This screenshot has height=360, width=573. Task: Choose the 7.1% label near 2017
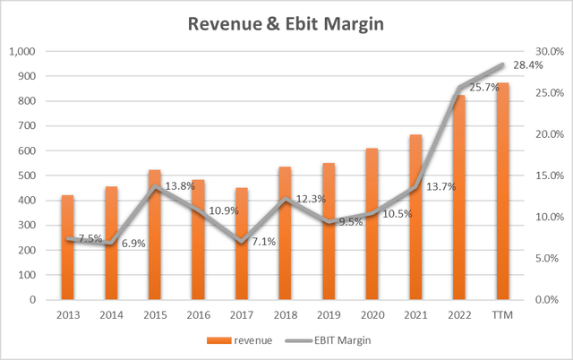(x=265, y=242)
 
